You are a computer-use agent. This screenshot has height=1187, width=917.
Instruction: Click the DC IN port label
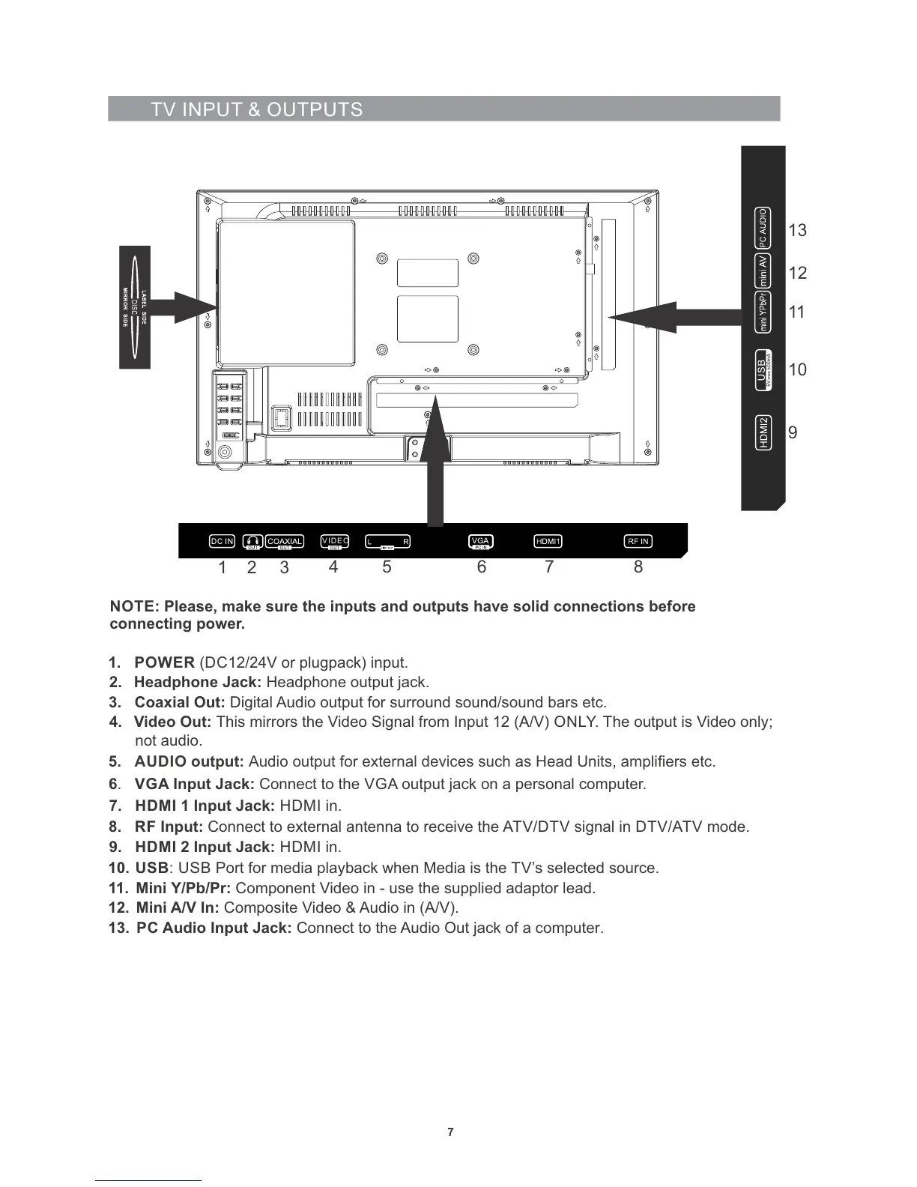click(222, 541)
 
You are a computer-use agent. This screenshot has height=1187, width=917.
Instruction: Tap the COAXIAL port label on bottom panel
click(285, 542)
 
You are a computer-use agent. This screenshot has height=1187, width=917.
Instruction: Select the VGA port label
click(481, 541)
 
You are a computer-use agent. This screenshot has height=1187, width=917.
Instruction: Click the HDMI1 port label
click(548, 541)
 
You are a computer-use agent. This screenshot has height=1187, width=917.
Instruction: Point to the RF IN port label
click(638, 541)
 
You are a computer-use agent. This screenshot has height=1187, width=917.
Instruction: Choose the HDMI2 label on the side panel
click(763, 432)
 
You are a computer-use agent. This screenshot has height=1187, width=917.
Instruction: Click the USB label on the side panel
click(763, 369)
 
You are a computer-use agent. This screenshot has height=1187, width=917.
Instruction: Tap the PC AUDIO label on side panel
click(763, 229)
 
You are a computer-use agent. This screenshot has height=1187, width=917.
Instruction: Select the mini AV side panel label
click(763, 271)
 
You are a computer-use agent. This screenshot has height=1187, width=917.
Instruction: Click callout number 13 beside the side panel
click(798, 231)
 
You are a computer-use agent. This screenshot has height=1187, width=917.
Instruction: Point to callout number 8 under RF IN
click(638, 567)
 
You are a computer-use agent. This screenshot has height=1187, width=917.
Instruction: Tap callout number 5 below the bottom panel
click(387, 567)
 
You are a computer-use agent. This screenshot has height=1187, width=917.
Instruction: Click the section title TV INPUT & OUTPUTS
click(256, 109)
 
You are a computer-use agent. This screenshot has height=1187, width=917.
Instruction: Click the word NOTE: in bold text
click(134, 606)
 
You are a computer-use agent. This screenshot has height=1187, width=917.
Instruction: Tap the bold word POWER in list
click(165, 662)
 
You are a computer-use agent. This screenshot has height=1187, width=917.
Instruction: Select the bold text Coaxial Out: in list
click(180, 702)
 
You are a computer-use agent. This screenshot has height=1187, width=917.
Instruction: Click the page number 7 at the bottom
click(450, 1132)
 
